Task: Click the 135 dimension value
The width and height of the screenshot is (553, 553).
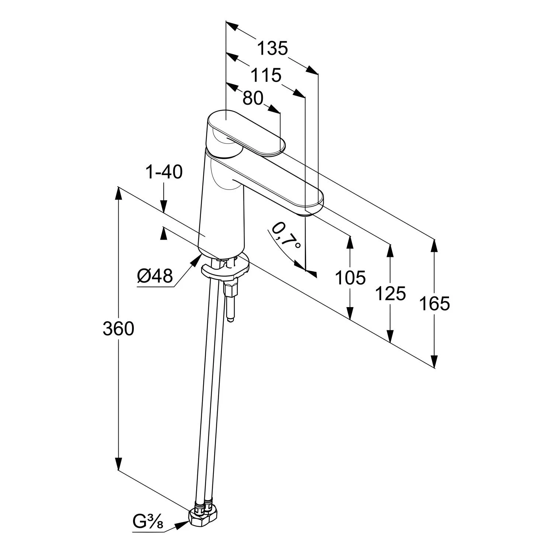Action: coord(272,48)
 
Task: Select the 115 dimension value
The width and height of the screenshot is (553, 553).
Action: coord(266,76)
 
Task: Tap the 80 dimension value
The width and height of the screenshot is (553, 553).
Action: coord(253,98)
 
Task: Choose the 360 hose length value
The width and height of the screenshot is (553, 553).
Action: coord(118,328)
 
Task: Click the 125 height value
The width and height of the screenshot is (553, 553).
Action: coord(390,293)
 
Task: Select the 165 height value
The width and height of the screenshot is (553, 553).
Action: coord(435,304)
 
